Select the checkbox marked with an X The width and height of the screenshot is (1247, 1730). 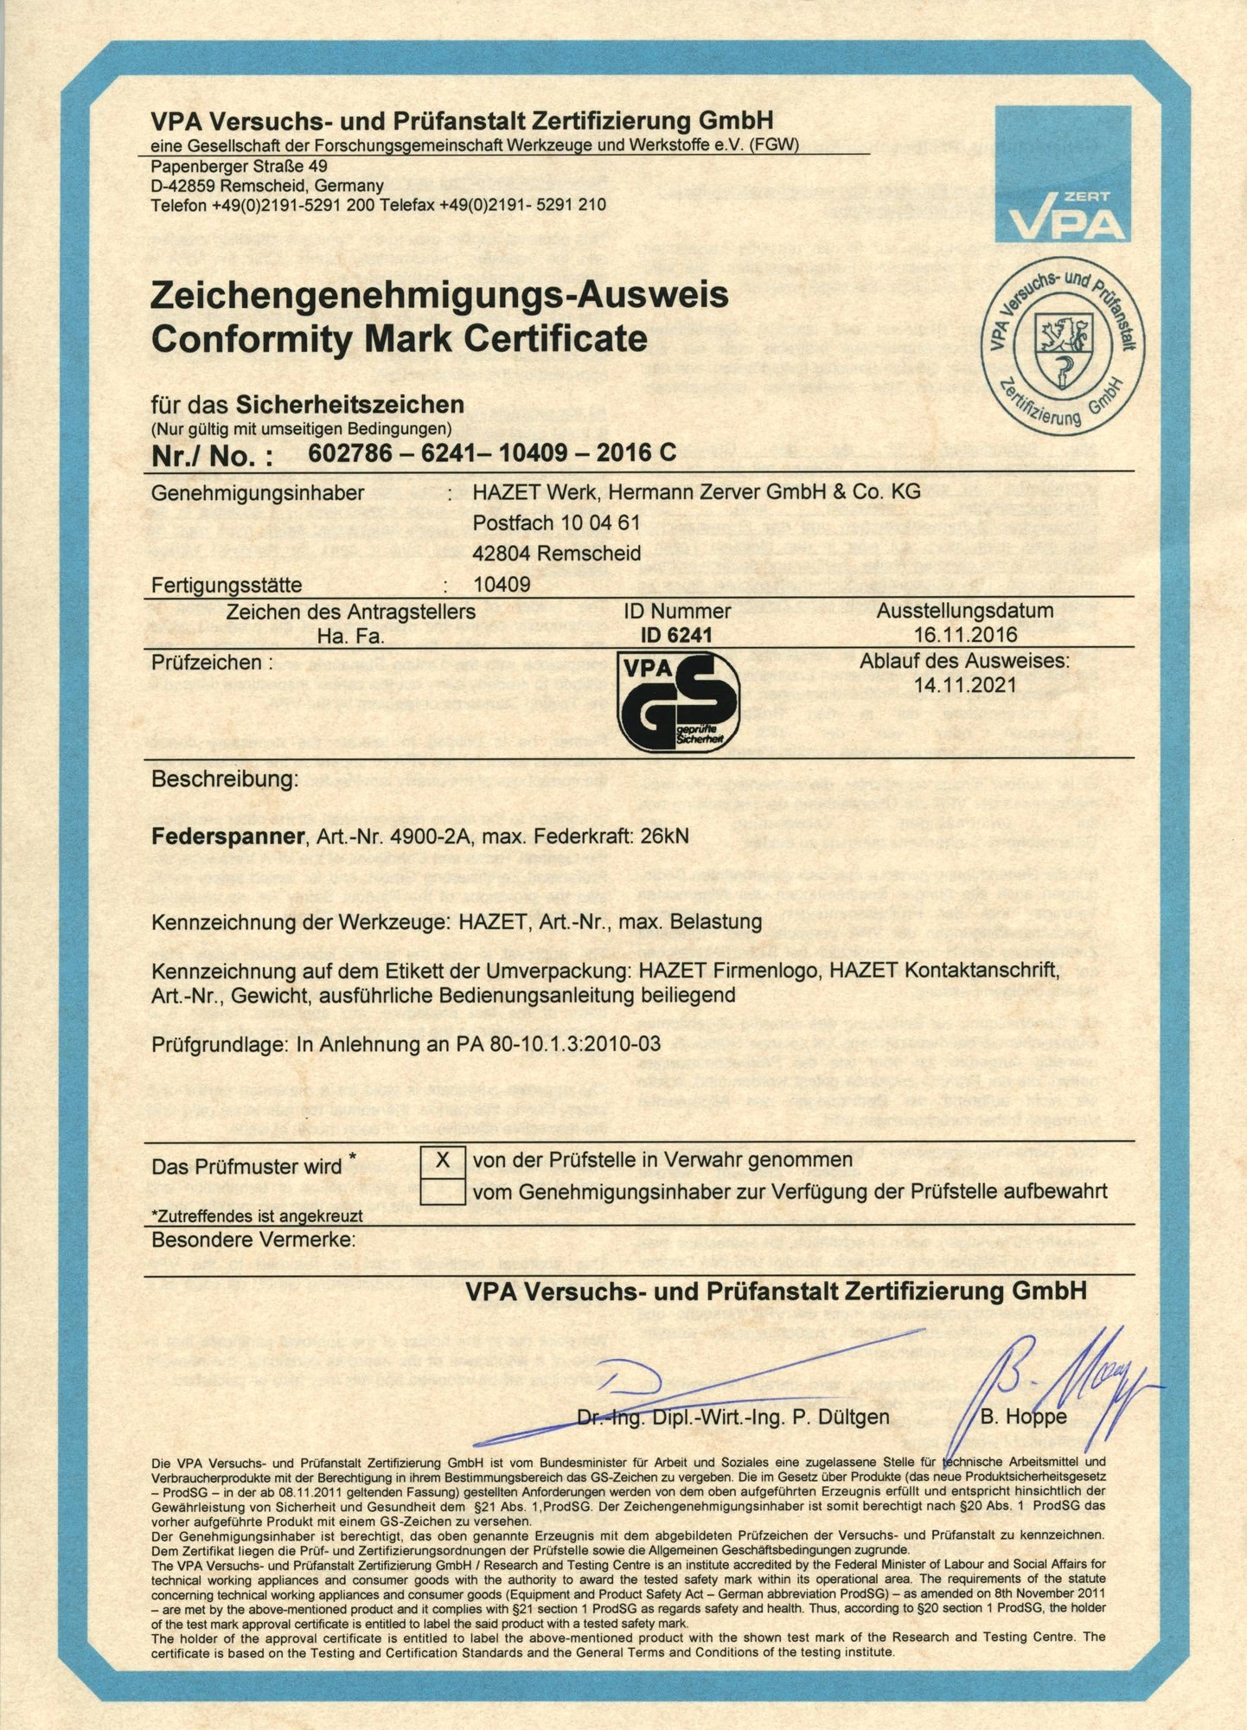click(443, 1160)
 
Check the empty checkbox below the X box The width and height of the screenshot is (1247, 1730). click(443, 1191)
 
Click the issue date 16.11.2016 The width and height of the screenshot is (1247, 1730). click(965, 635)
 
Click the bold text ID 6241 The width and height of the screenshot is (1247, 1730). click(676, 635)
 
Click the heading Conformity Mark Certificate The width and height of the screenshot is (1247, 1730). click(399, 338)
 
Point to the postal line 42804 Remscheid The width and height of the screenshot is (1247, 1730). click(557, 553)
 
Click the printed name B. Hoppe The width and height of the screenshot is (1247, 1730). click(1024, 1417)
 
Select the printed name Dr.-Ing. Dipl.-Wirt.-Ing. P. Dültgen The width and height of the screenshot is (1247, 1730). click(732, 1417)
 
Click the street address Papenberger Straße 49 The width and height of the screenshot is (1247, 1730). click(239, 166)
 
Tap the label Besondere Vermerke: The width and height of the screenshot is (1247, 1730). click(253, 1240)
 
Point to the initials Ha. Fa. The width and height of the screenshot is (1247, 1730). click(350, 637)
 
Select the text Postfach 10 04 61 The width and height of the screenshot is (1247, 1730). click(556, 522)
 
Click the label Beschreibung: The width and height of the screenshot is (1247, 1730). click(225, 778)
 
